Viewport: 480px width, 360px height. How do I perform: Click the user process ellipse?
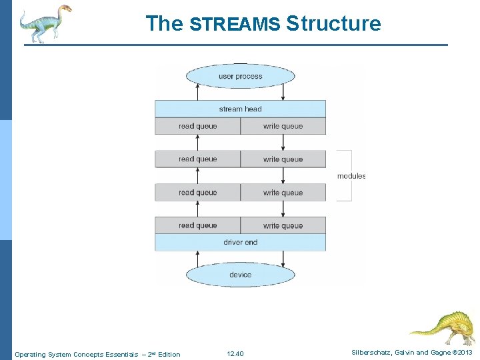240,76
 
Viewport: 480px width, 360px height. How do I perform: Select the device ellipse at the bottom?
240,275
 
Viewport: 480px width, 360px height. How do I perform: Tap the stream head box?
240,109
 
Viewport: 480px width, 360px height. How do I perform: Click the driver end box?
240,243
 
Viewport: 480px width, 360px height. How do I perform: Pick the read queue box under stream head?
197,126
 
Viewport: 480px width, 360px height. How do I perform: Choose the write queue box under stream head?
283,126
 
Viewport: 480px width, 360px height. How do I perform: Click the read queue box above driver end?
197,225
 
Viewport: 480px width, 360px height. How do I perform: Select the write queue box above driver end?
283,225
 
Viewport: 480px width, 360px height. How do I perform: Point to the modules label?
351,176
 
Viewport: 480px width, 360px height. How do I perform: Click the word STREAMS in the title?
235,25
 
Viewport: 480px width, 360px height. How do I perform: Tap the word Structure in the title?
333,24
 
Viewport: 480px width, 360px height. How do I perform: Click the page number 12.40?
235,353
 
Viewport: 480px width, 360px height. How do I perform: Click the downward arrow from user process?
283,92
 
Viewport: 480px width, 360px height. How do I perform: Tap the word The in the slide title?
164,24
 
